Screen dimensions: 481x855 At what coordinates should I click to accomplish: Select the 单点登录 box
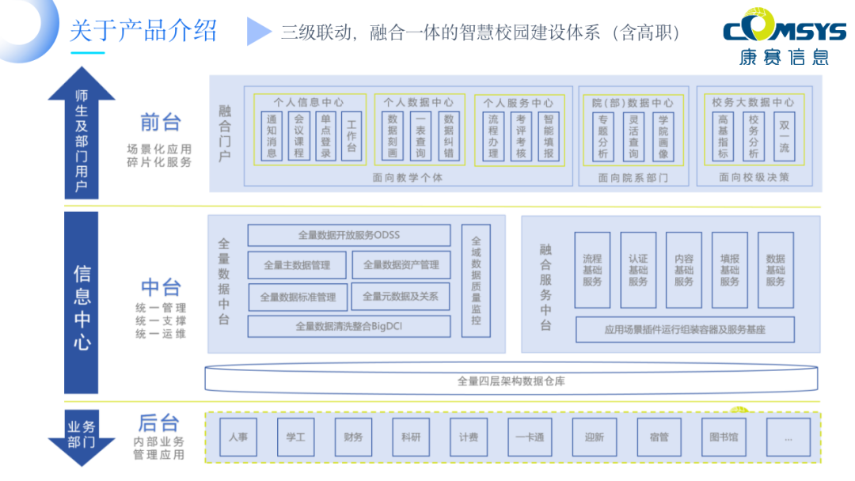[325, 136]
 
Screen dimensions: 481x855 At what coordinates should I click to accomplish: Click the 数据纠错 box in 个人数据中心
[449, 136]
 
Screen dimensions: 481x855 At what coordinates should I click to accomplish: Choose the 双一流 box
[784, 136]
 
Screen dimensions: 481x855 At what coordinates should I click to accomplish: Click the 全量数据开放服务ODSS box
[348, 235]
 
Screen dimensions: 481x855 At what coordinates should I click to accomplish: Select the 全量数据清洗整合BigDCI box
[348, 326]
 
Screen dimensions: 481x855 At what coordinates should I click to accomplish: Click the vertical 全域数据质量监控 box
[476, 281]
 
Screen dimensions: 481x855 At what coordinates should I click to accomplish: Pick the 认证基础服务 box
[638, 270]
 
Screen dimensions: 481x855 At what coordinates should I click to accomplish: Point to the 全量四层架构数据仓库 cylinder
[511, 381]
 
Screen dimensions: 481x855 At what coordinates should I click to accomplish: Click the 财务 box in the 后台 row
[354, 437]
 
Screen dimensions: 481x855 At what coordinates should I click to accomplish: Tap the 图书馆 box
[724, 437]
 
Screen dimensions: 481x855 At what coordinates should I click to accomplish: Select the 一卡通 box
[530, 437]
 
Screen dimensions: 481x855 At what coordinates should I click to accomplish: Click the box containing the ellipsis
[788, 437]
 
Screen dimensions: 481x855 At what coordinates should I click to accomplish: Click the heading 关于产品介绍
[143, 32]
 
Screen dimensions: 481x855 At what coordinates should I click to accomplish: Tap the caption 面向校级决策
[754, 178]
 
